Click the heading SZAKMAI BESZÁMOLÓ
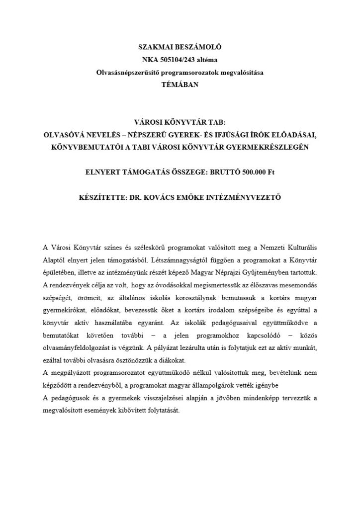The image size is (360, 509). pyautogui.click(x=180, y=48)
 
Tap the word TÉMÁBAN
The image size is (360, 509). pyautogui.click(x=180, y=85)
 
